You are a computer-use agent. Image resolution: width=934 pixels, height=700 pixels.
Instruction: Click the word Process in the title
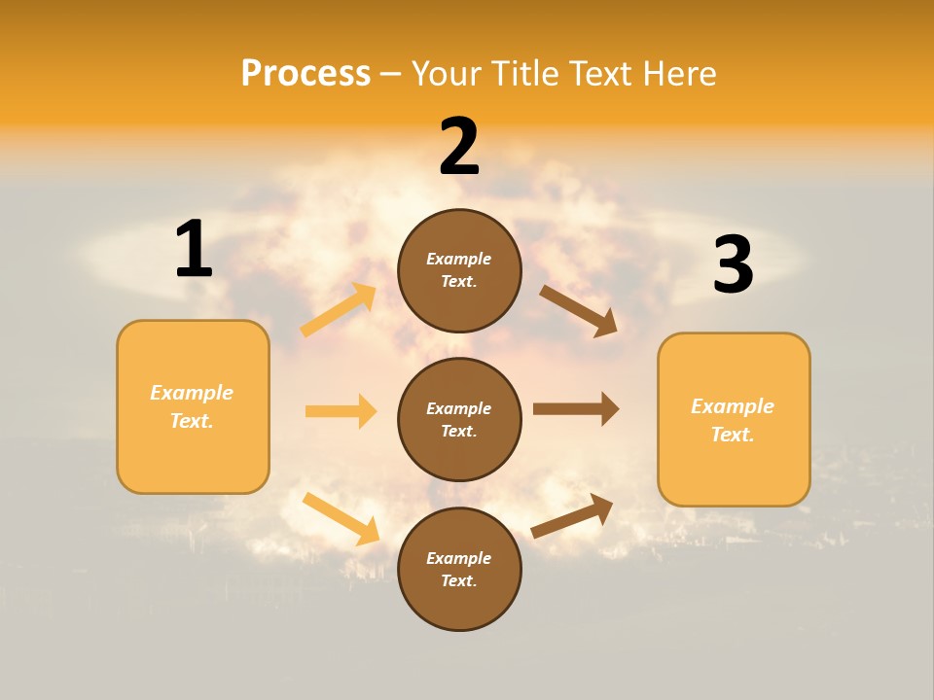pos(305,73)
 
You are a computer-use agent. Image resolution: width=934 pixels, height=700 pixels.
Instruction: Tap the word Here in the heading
pos(677,73)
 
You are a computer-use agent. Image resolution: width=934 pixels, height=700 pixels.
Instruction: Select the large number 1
pos(194,249)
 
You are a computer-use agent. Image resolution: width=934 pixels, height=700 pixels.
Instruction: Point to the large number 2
pos(459,147)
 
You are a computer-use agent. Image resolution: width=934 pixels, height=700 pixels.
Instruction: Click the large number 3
pos(733,264)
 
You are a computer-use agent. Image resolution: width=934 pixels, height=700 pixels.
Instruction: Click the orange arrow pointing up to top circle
pos(339,310)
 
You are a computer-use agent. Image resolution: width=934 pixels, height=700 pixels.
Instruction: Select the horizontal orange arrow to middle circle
pos(341,411)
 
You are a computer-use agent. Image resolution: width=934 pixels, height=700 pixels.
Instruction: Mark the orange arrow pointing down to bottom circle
pos(341,518)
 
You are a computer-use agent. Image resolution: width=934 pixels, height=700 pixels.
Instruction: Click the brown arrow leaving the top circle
pos(579,311)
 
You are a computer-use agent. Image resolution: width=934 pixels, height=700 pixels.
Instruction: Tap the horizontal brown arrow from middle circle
pos(576,409)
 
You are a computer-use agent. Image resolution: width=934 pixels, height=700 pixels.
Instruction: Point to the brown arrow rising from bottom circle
pos(572,515)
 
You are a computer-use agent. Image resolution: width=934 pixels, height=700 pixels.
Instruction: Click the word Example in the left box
pos(192,393)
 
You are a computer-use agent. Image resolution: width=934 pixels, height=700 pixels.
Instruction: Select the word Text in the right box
pos(732,435)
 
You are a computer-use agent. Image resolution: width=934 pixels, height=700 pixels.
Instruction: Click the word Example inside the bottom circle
pos(459,558)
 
